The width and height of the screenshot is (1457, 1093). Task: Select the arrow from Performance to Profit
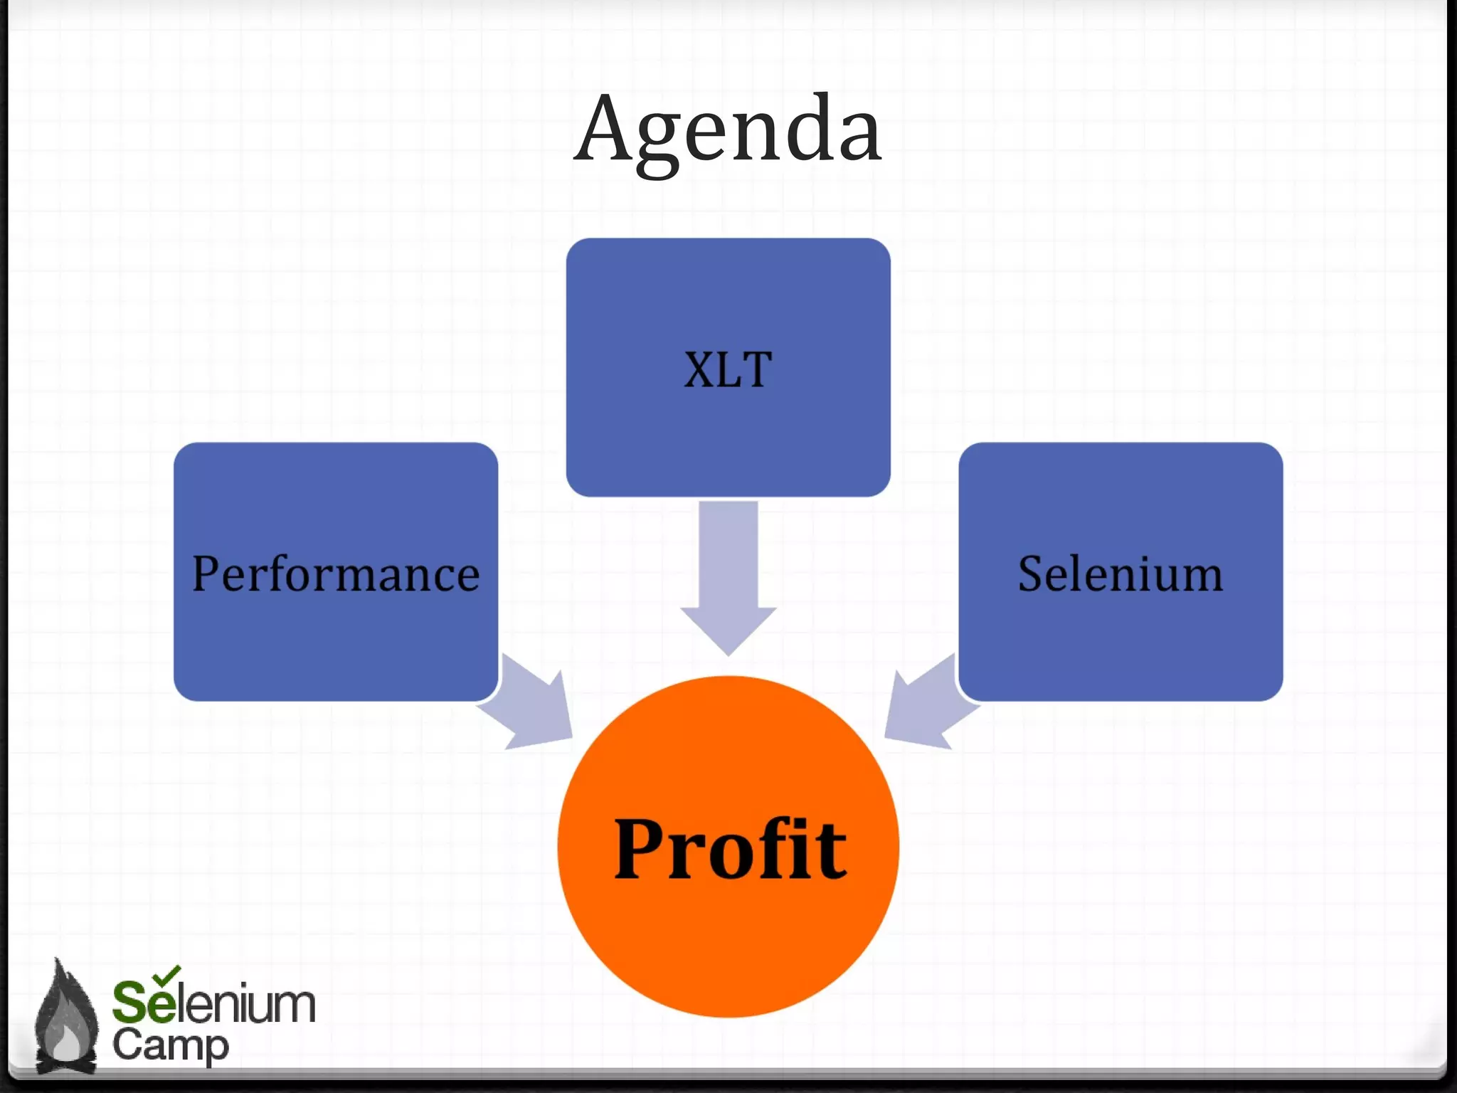click(534, 704)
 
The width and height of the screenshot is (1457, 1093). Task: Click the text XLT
click(728, 370)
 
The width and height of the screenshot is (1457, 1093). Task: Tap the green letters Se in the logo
click(143, 1003)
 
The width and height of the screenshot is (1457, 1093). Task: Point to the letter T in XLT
click(756, 370)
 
